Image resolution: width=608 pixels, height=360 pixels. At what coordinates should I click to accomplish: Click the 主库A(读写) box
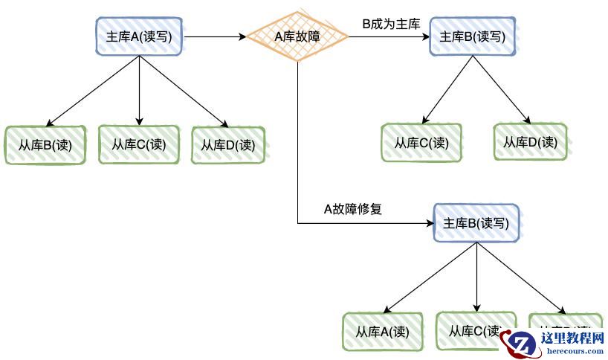click(x=140, y=36)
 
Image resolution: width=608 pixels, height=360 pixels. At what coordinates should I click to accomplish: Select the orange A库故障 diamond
click(x=297, y=36)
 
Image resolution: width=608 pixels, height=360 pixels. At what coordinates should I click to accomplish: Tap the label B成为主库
click(x=391, y=24)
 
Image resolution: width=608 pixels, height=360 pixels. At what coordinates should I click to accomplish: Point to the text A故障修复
click(x=352, y=209)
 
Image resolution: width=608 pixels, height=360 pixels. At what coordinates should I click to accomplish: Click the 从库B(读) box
click(x=45, y=145)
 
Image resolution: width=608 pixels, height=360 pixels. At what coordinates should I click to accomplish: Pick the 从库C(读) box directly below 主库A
click(x=139, y=144)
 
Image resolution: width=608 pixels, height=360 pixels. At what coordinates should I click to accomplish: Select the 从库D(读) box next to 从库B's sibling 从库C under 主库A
click(x=228, y=145)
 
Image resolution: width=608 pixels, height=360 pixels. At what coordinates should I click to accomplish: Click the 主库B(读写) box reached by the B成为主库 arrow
click(x=472, y=36)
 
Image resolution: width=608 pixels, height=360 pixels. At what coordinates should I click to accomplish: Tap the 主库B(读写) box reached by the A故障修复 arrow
click(x=476, y=222)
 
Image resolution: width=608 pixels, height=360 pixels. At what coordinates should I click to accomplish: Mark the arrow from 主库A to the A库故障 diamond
click(x=216, y=36)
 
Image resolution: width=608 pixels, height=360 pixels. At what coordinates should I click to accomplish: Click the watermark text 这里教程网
click(x=572, y=339)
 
